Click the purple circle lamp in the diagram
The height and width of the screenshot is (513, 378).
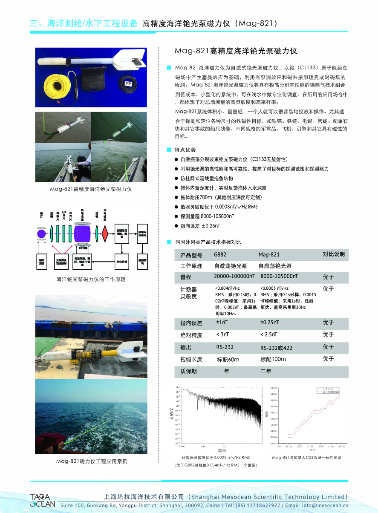click(x=41, y=234)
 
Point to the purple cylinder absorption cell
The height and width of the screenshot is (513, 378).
click(x=83, y=234)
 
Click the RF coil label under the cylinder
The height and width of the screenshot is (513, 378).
click(x=83, y=247)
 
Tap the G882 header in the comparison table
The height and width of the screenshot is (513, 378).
click(x=220, y=255)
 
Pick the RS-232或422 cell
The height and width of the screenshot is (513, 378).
click(x=276, y=348)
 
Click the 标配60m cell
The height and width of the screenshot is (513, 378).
click(x=228, y=359)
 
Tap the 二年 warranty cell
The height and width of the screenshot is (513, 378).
click(x=265, y=371)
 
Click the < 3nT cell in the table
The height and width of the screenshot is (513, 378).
click(x=222, y=335)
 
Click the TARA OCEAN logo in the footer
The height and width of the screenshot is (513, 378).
click(x=42, y=501)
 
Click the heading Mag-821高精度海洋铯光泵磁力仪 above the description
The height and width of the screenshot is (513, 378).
click(x=236, y=51)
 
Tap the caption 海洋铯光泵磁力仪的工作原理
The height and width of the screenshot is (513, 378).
click(x=91, y=280)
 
